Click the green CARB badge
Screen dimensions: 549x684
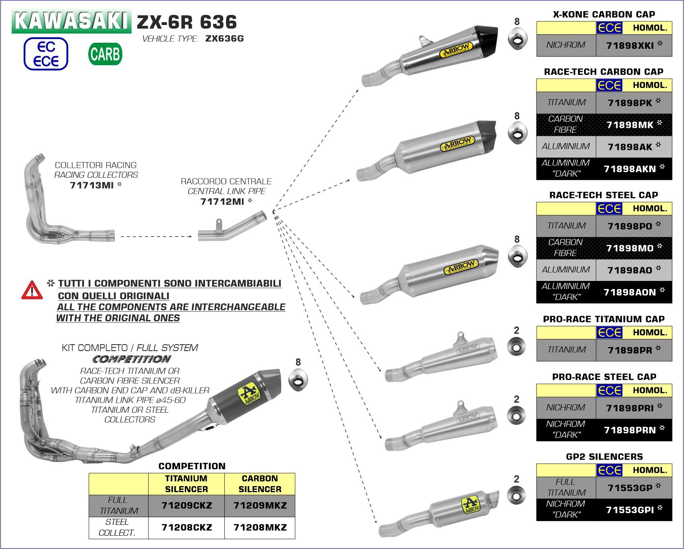(105, 54)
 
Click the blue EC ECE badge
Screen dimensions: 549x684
(46, 54)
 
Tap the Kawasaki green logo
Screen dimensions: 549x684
(72, 21)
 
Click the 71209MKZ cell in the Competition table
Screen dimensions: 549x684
(260, 505)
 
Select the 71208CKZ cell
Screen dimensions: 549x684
(187, 528)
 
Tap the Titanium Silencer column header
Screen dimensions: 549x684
(186, 484)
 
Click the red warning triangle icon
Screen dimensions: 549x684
(32, 291)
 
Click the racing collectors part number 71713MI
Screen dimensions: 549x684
(92, 185)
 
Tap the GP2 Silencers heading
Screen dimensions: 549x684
(604, 457)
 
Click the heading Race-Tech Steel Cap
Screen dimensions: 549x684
(603, 195)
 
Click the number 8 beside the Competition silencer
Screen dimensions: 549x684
(298, 362)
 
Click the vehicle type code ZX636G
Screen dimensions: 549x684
(224, 39)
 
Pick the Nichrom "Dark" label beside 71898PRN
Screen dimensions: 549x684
(566, 429)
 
